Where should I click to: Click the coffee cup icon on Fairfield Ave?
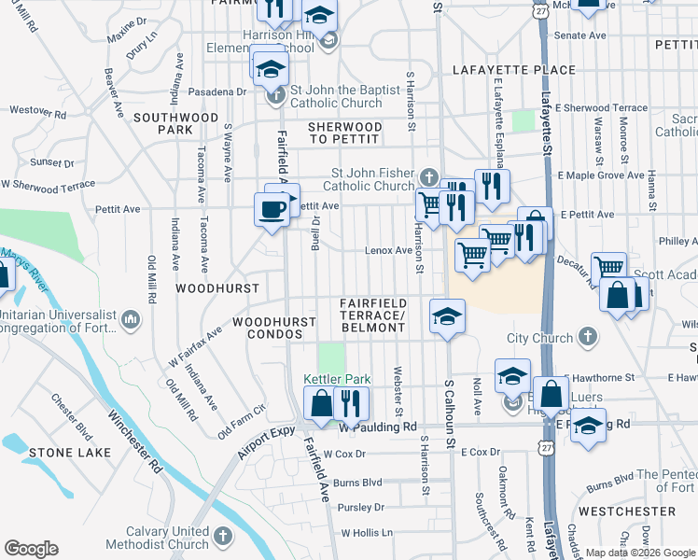pos(272,209)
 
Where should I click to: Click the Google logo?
pos(31,549)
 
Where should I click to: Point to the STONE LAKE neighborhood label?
pos(69,453)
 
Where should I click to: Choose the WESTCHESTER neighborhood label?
pos(626,511)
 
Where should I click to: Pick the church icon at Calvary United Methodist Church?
pos(222,538)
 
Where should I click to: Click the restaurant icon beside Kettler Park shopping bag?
pos(351,403)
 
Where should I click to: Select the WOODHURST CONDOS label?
pos(275,328)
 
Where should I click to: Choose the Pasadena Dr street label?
pos(216,92)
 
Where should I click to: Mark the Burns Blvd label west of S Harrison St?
pos(358,483)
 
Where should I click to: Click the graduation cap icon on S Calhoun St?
pos(447,315)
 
